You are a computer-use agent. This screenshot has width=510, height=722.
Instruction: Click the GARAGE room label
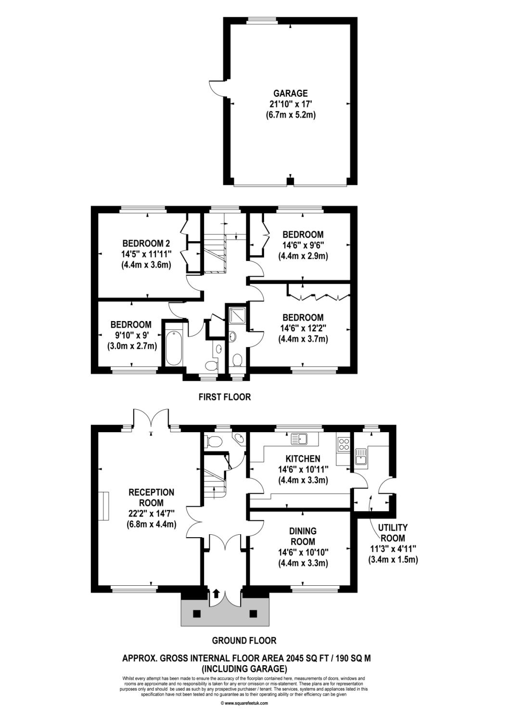(x=290, y=93)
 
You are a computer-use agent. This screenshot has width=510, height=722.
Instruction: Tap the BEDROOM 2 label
(x=146, y=243)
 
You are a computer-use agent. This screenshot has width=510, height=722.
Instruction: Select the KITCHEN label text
(x=303, y=459)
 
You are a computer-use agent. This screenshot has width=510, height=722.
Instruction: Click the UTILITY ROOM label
(x=393, y=533)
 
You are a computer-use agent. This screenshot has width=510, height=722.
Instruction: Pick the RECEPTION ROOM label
(x=151, y=497)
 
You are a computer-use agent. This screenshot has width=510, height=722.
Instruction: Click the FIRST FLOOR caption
(x=225, y=397)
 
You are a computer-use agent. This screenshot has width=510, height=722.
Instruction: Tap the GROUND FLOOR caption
(x=244, y=640)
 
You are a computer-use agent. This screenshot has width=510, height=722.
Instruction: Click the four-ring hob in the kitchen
(x=344, y=443)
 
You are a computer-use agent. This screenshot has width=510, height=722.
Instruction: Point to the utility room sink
(x=360, y=456)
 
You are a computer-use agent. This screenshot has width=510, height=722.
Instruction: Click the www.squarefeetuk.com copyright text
(x=244, y=701)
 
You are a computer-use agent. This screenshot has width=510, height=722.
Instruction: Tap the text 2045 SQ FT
(x=308, y=658)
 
